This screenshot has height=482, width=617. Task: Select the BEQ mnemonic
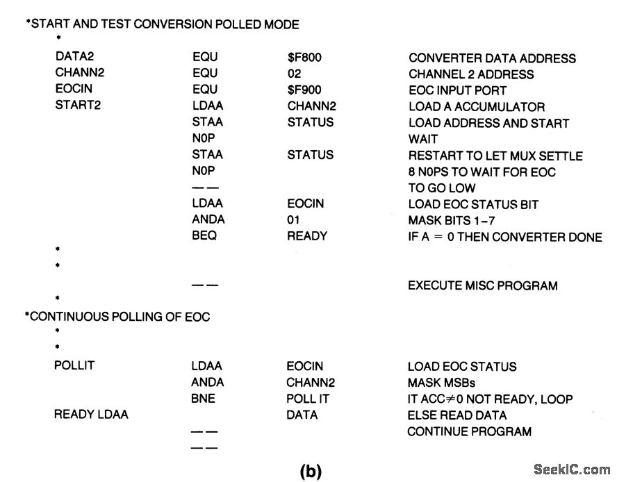[x=205, y=236]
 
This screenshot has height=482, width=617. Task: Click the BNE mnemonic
[x=204, y=399]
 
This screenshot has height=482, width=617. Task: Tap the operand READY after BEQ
[x=306, y=236]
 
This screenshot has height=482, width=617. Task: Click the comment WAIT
[x=423, y=139]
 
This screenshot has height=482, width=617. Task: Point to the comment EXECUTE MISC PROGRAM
[x=482, y=285]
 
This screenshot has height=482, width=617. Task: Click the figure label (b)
[x=311, y=471]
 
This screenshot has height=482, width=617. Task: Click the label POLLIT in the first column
[x=72, y=366]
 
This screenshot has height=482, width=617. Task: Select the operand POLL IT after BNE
[x=307, y=399]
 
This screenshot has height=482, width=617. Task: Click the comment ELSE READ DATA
[x=456, y=415]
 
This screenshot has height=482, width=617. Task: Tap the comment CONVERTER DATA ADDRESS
[x=492, y=58]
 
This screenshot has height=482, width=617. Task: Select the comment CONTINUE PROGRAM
[x=469, y=431]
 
